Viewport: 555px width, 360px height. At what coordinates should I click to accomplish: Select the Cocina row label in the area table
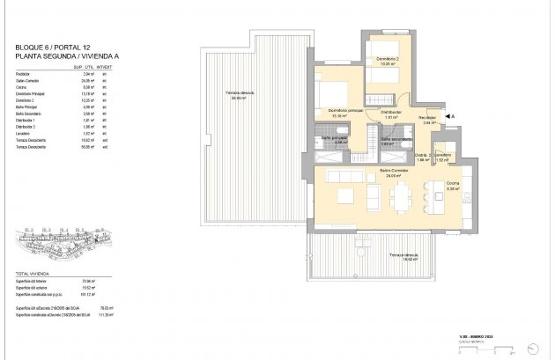click(x=24, y=87)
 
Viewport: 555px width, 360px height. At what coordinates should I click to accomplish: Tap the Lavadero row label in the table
click(x=26, y=133)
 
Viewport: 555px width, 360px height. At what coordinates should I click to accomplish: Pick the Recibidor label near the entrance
click(x=429, y=119)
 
